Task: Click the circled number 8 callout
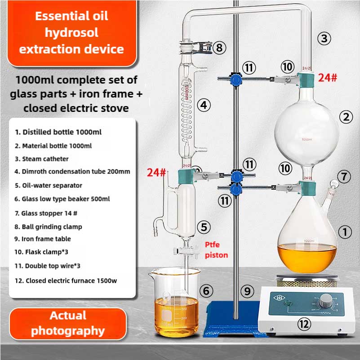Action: tap(218, 48)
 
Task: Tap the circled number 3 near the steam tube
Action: tap(324, 38)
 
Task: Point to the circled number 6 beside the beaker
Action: tap(206, 291)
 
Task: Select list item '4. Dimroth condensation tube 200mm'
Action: tap(72, 171)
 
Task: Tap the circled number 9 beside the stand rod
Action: tap(247, 291)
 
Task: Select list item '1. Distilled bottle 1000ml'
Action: tap(58, 132)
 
